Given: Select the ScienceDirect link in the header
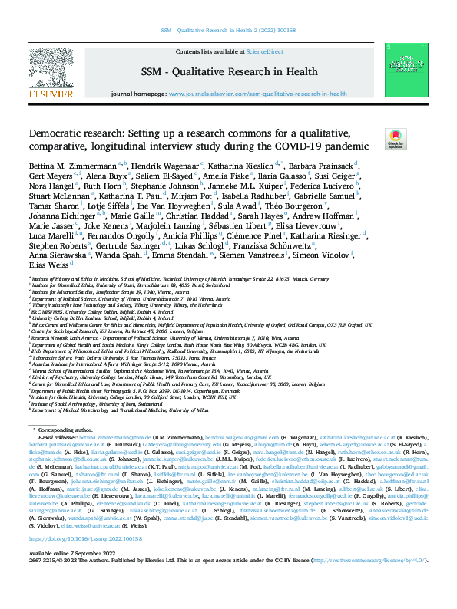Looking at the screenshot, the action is click(x=264, y=52).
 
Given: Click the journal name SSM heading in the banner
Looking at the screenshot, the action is click(x=228, y=71).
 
